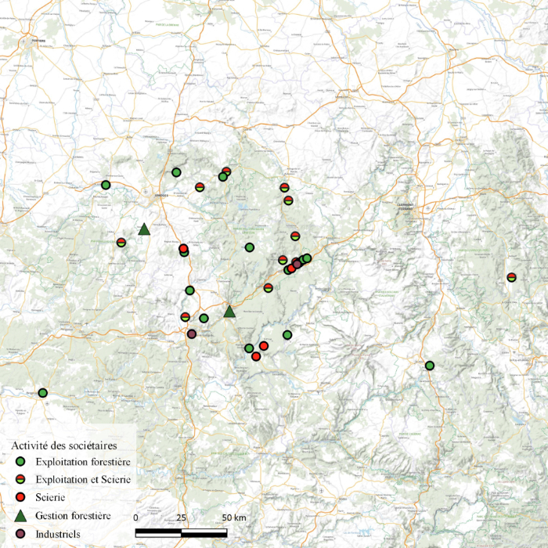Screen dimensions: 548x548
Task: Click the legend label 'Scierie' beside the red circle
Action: pos(51,497)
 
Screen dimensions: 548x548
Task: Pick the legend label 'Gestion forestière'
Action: pos(73,515)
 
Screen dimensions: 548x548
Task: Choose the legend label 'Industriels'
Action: pos(59,534)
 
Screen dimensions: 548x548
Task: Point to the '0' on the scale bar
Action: pos(136,518)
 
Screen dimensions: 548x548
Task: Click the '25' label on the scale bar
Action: pos(181,518)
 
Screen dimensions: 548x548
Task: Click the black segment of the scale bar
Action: pos(159,534)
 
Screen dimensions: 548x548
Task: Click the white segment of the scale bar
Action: pos(204,534)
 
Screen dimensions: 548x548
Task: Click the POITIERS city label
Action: pos(38,40)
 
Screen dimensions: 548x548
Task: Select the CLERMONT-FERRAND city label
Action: pos(405,207)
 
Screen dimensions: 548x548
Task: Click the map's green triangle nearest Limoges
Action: pos(144,229)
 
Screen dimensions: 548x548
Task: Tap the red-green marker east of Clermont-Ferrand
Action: pos(511,277)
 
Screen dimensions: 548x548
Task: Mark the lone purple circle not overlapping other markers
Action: pos(192,334)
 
